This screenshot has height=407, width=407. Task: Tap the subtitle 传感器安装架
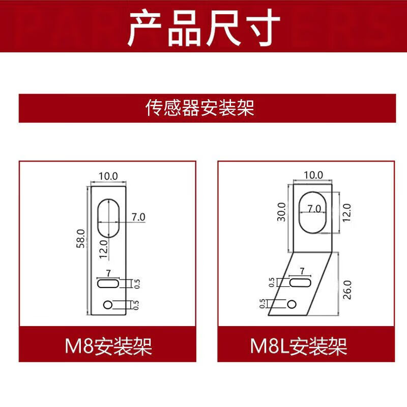click(200, 108)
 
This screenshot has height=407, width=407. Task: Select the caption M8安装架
click(108, 347)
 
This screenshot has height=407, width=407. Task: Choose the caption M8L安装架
click(299, 347)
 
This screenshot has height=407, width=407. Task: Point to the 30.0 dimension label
click(283, 212)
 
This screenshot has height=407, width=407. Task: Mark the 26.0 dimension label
click(347, 289)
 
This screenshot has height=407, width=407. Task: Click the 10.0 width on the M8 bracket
click(108, 176)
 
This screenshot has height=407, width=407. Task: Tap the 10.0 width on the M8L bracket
click(313, 175)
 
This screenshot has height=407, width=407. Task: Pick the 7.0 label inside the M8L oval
click(314, 209)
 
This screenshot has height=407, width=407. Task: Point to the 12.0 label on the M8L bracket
click(347, 211)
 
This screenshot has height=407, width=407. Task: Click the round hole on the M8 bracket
click(108, 305)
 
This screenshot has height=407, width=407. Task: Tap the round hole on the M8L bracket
click(292, 304)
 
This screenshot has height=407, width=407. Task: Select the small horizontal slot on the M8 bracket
click(108, 283)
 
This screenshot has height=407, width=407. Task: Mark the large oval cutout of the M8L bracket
click(313, 211)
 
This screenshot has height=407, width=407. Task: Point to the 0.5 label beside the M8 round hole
click(136, 304)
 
